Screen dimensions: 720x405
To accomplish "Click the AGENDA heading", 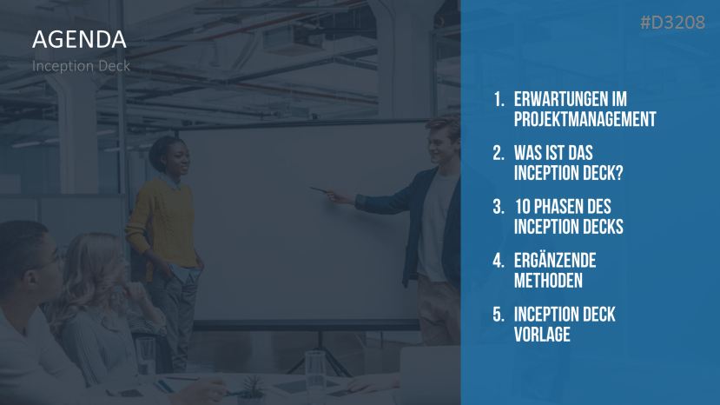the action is point(79,39).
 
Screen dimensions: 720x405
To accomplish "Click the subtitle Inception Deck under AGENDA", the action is point(81,66).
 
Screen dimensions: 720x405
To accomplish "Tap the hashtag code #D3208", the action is point(673,23).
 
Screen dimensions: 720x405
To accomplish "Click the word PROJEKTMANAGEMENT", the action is point(585,119).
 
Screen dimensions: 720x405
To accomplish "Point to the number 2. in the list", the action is point(499,153).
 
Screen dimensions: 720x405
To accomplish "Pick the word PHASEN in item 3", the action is point(558,207).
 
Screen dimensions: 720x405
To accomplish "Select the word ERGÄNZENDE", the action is point(555,260).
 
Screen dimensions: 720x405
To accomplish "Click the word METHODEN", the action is point(548,281).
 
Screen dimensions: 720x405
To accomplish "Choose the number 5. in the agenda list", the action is point(499,315).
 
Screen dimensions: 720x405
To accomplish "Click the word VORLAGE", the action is point(542,335).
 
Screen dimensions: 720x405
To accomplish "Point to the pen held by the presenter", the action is point(320,189).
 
